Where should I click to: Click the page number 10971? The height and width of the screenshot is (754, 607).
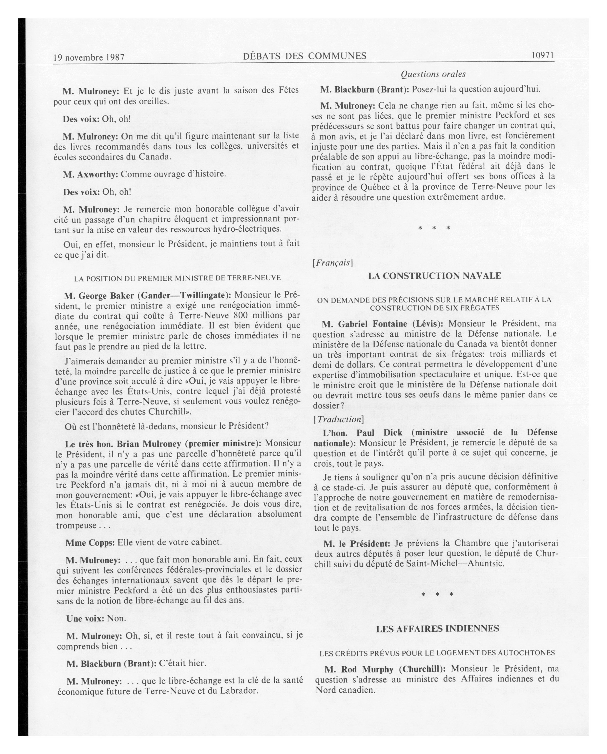coord(542,55)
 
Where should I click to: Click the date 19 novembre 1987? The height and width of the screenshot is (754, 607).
coord(89,57)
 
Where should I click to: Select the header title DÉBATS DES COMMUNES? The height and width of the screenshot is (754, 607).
coord(304,56)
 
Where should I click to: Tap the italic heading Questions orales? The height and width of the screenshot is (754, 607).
coord(433,74)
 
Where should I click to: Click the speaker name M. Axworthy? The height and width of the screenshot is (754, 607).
coord(90,174)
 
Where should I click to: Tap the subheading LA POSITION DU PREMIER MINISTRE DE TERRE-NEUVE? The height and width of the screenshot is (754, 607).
coord(177,278)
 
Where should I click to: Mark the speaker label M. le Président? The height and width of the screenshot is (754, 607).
coord(357,543)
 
